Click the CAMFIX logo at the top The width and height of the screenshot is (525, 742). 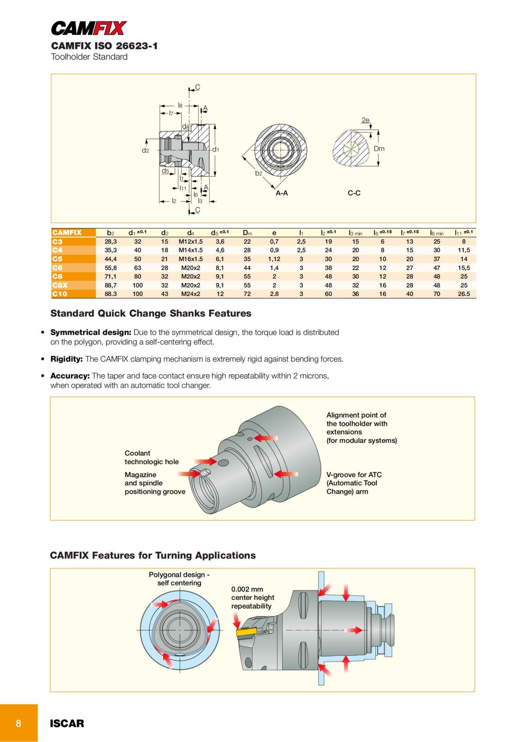point(89,28)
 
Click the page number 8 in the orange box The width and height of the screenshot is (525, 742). point(18,723)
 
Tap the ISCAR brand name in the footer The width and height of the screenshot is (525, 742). point(67,723)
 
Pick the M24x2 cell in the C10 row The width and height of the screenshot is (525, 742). point(191,294)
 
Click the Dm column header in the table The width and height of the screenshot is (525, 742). point(247,233)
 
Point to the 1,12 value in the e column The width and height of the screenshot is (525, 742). point(274,259)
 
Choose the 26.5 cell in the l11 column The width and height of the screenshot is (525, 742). point(464,294)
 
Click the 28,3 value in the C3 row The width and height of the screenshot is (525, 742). point(110,241)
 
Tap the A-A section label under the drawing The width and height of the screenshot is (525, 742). point(281,193)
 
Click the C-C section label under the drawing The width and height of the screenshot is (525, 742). point(354,193)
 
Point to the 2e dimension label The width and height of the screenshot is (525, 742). point(365,120)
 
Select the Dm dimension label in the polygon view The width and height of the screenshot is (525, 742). point(379,149)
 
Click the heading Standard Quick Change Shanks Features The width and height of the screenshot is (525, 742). point(150,314)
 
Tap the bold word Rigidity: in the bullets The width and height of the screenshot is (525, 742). point(66,359)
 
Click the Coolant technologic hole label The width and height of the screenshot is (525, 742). point(151,457)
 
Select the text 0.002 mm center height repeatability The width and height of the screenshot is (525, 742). point(252,598)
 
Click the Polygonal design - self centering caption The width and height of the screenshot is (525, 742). point(179,578)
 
